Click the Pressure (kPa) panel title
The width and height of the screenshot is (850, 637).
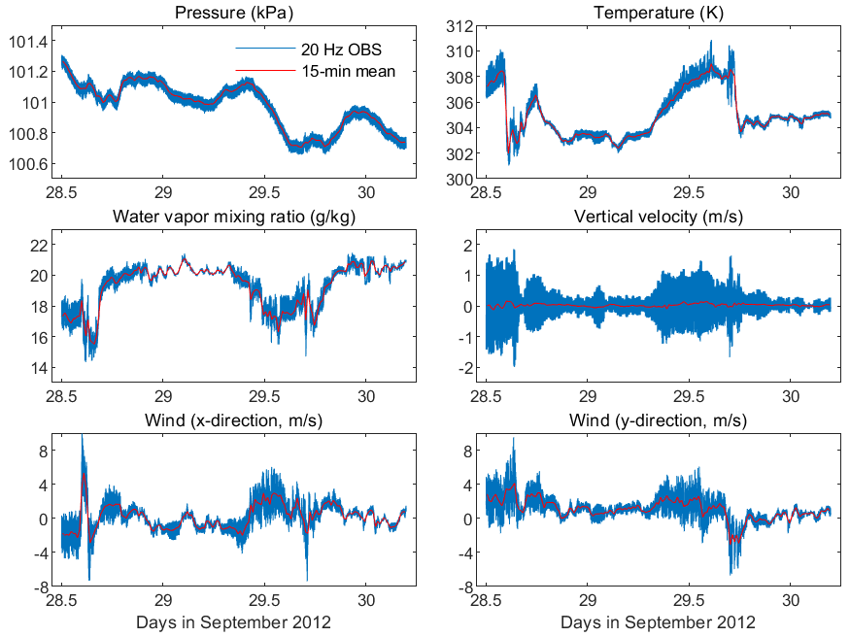[234, 13]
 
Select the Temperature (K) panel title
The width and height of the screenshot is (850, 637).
[659, 13]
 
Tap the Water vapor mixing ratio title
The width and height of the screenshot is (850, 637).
[234, 217]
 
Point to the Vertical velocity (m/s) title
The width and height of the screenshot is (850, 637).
[659, 217]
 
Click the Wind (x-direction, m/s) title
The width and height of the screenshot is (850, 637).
[234, 420]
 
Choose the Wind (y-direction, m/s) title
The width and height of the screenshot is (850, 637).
[658, 420]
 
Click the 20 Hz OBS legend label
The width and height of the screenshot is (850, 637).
[342, 50]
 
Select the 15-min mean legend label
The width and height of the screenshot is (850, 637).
[349, 72]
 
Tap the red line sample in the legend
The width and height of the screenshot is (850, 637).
[265, 71]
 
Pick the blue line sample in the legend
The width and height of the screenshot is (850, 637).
[265, 49]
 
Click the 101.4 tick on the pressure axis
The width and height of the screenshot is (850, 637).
[28, 41]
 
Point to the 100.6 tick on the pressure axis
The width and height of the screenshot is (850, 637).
[28, 164]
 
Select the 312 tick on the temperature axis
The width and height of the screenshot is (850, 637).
[459, 26]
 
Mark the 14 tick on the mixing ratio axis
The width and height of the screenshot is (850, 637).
[39, 368]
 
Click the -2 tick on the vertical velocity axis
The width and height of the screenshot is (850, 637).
[465, 368]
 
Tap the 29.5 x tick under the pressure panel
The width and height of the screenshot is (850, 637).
[264, 192]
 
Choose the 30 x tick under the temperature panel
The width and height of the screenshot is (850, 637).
[791, 192]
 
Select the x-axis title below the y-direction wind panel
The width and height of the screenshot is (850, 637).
[658, 622]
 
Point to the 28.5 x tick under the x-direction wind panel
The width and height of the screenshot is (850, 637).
[61, 600]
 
